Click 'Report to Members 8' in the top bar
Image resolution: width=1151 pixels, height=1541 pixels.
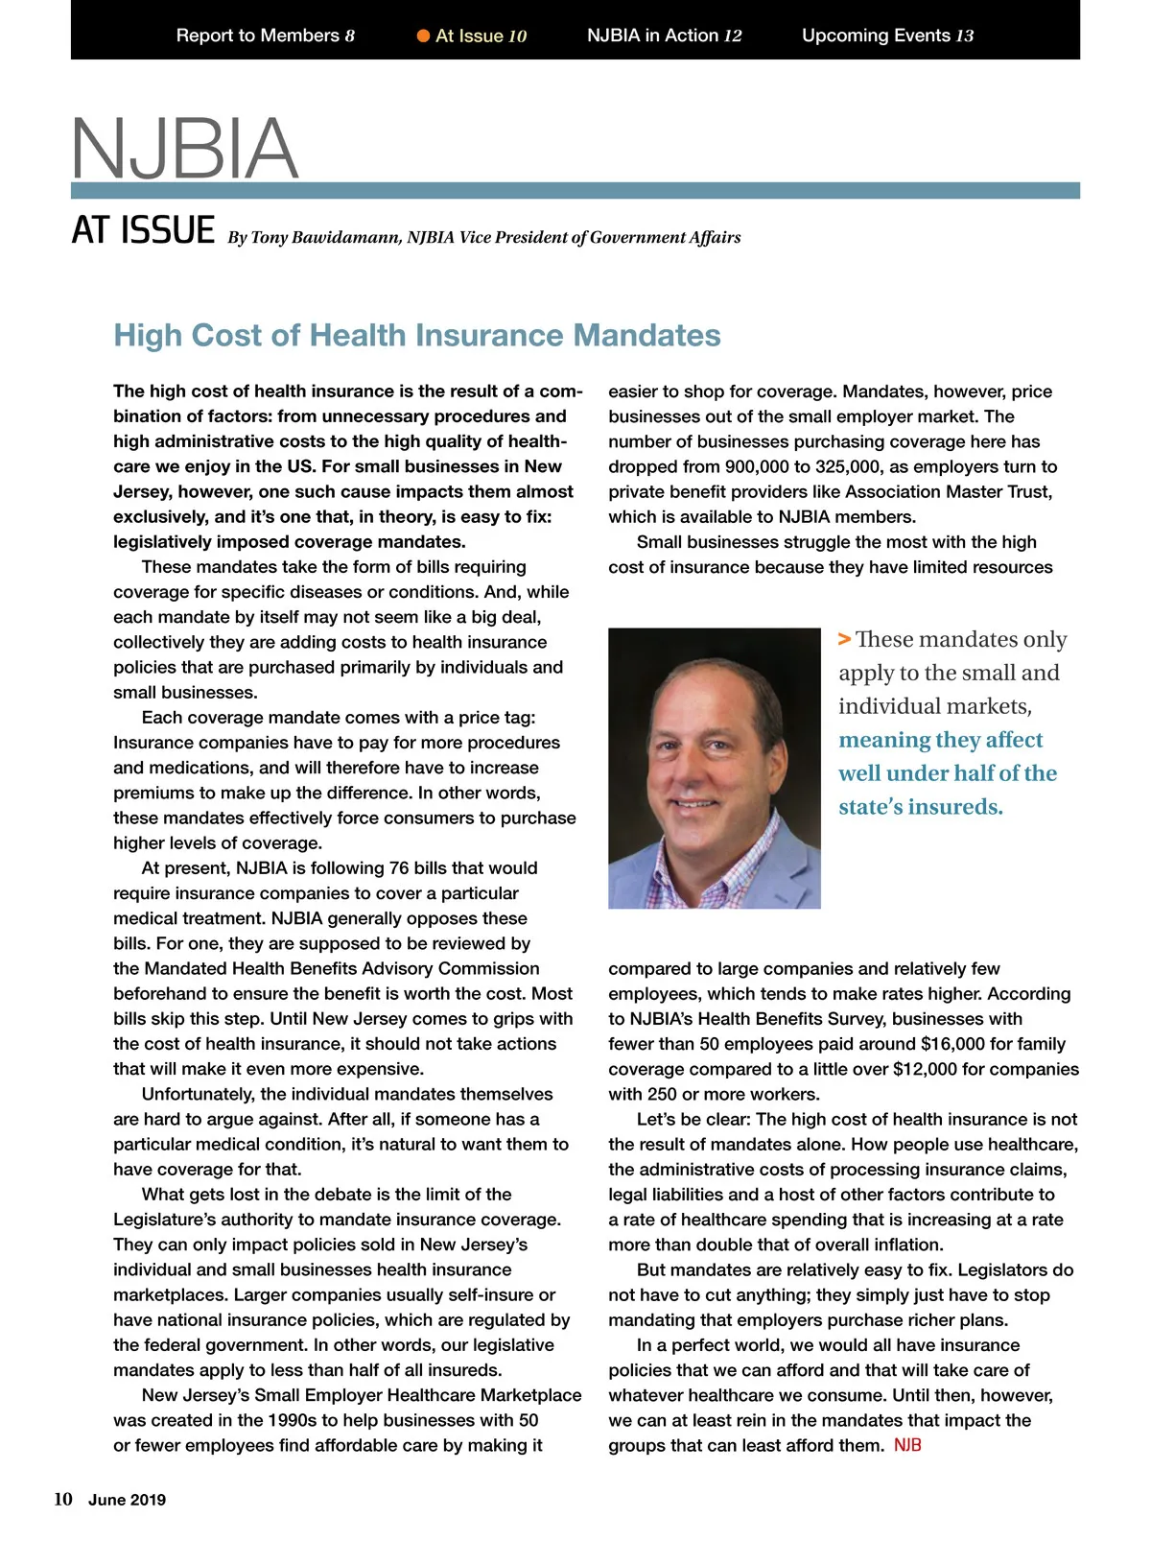click(265, 36)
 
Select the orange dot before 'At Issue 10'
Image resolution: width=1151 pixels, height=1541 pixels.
click(423, 36)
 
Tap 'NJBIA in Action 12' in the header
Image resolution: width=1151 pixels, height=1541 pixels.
click(664, 36)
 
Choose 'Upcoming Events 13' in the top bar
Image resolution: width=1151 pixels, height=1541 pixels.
click(887, 36)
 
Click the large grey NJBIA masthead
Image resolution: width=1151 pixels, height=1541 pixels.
click(184, 148)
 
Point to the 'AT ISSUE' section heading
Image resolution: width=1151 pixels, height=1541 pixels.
click(143, 231)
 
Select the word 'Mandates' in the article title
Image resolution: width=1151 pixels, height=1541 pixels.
click(646, 335)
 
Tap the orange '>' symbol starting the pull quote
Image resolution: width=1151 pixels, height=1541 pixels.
click(844, 639)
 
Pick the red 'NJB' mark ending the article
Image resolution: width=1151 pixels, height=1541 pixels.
click(907, 1445)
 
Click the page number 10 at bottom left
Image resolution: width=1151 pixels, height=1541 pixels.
click(63, 1500)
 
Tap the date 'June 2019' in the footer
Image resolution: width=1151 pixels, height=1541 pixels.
click(127, 1501)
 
